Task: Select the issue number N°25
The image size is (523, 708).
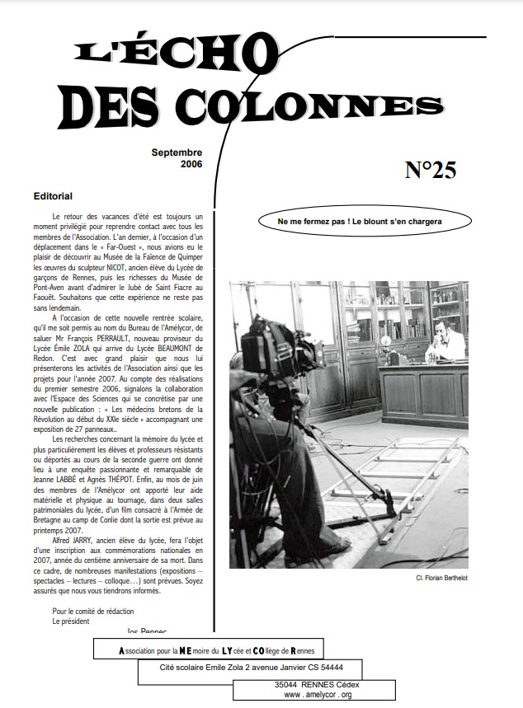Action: pos(431,169)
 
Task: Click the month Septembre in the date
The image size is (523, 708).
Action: pos(177,153)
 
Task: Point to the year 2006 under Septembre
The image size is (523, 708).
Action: pos(190,164)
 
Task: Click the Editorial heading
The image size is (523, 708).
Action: pos(53,198)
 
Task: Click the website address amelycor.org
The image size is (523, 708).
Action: pos(318,695)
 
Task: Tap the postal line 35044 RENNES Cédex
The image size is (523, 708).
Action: pos(318,684)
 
